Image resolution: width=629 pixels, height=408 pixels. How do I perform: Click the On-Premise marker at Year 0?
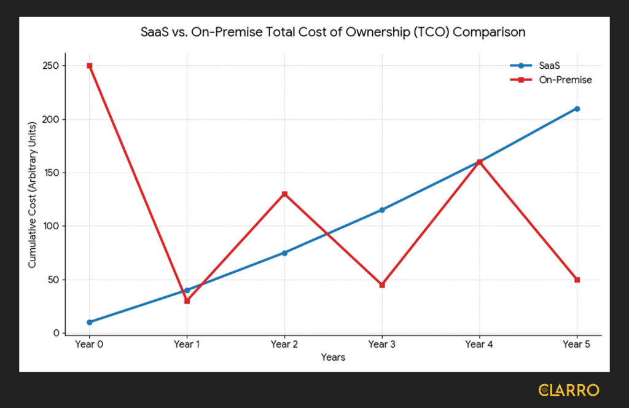90,66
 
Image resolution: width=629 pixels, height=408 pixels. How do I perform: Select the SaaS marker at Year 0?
90,322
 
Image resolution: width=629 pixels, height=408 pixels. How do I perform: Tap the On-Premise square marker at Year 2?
284,194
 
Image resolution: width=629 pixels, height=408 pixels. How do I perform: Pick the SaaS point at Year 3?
382,210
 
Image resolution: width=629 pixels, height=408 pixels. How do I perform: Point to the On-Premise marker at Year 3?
382,285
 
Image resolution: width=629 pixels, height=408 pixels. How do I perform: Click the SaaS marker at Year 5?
577,109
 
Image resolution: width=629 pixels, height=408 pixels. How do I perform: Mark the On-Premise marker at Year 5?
577,280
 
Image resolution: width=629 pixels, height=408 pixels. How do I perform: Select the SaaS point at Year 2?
284,253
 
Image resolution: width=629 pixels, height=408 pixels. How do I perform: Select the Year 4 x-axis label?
479,345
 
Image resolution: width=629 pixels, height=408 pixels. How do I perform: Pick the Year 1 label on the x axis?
187,345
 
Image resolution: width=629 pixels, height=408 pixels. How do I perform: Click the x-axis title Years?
333,358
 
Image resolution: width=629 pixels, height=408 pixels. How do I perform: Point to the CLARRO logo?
568,390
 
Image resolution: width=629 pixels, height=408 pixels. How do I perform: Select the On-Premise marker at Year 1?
187,301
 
